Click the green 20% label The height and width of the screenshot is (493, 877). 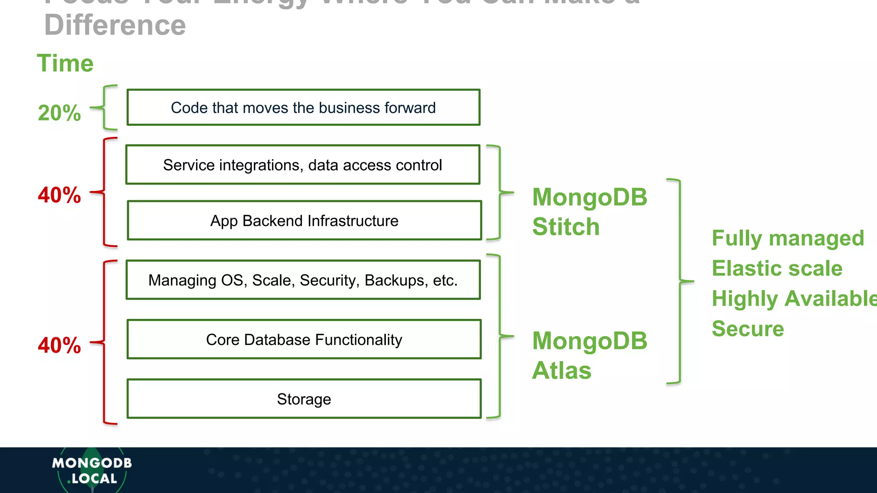59,113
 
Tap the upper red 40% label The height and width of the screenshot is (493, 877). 59,195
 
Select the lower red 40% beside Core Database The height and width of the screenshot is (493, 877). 59,345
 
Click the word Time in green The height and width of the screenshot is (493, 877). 65,63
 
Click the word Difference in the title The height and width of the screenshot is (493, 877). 115,25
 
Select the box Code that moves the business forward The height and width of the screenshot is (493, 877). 303,107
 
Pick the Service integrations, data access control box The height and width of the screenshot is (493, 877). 302,165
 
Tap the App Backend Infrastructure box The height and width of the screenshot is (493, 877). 304,220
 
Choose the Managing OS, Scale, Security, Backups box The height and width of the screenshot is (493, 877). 303,280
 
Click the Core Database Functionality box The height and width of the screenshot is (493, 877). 304,339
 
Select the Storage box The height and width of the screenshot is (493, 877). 304,399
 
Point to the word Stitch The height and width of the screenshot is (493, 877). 566,226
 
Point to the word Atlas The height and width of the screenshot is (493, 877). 561,370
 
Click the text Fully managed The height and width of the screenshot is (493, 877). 788,238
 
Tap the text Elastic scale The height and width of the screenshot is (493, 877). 777,268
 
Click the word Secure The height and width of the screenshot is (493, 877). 748,329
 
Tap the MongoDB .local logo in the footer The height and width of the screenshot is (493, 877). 92,470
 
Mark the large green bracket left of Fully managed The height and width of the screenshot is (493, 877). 680,281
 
